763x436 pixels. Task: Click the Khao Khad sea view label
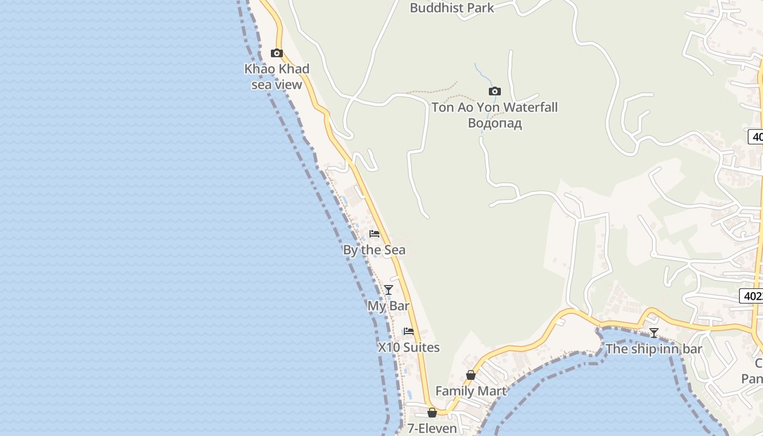click(x=276, y=76)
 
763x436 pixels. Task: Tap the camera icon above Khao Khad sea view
click(x=277, y=53)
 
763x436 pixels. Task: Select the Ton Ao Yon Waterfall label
click(x=494, y=107)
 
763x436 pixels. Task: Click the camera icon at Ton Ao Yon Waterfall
click(x=494, y=91)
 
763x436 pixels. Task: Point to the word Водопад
click(x=494, y=123)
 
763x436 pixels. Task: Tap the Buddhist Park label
click(x=451, y=8)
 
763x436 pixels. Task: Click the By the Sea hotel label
click(x=374, y=250)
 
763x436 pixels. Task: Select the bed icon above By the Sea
click(x=374, y=234)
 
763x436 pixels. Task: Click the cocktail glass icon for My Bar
click(x=389, y=290)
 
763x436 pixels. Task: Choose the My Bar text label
click(x=388, y=306)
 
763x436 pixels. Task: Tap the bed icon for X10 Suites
click(x=409, y=331)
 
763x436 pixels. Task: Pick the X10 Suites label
click(x=409, y=347)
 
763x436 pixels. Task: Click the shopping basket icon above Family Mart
click(x=471, y=375)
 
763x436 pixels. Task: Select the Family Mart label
click(x=471, y=391)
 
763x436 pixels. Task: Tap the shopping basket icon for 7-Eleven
click(x=432, y=413)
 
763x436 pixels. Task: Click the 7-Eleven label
click(x=432, y=428)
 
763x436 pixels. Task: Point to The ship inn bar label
click(x=653, y=349)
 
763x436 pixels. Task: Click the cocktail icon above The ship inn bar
click(x=654, y=333)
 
